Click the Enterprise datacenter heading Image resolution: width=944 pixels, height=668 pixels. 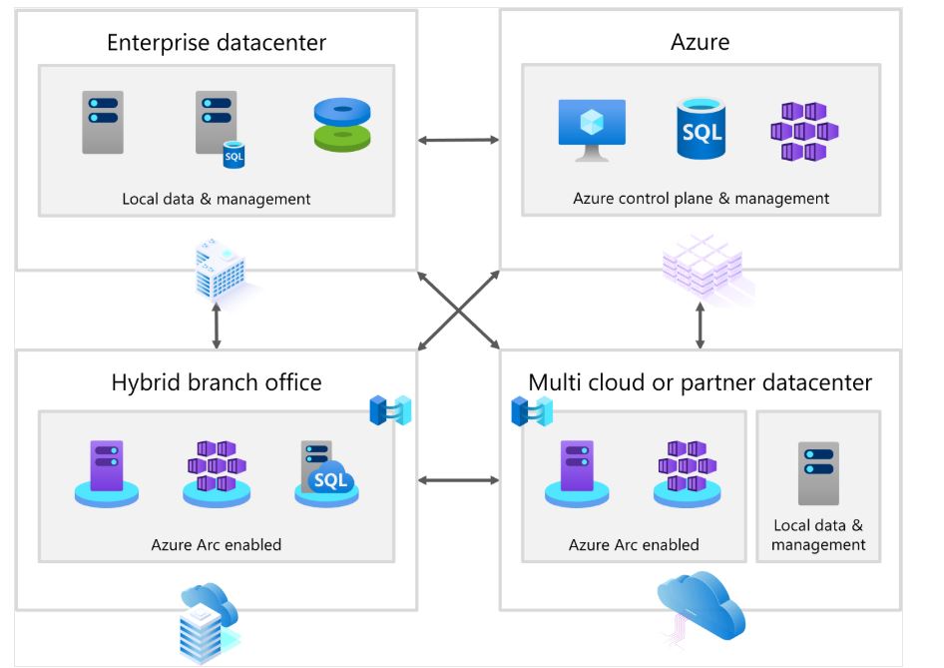pos(217,42)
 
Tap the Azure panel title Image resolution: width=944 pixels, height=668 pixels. pos(700,42)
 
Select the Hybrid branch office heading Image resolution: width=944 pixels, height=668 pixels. pos(217,382)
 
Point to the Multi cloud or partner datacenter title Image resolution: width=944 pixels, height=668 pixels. pos(700,382)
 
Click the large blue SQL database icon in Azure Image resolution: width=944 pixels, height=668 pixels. pos(700,129)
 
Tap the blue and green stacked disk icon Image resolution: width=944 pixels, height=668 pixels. pos(342,125)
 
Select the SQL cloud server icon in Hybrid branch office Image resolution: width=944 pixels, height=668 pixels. pos(325,474)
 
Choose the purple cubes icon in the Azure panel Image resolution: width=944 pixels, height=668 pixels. pos(804,131)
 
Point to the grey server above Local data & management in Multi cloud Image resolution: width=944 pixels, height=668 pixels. pos(818,472)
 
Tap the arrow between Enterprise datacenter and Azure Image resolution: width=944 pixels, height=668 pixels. pos(458,140)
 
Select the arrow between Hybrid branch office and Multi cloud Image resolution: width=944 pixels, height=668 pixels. pos(458,480)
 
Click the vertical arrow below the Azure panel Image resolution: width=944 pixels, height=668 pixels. pos(700,324)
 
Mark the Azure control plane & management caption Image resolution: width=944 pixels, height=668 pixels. pos(701,199)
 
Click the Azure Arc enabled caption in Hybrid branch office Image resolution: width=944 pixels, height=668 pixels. pos(217,545)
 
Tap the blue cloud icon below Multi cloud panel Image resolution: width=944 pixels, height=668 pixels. pos(702,599)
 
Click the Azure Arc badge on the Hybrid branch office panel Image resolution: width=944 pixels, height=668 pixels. pos(390,410)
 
